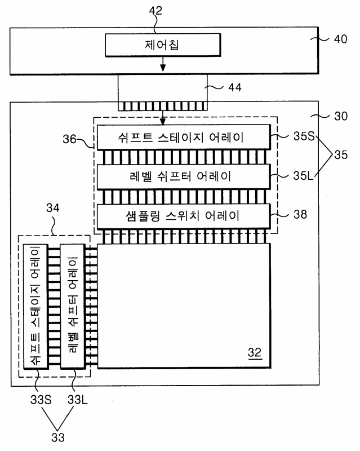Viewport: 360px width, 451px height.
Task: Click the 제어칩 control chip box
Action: click(163, 45)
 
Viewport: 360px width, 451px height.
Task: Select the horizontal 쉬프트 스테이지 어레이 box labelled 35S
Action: click(184, 137)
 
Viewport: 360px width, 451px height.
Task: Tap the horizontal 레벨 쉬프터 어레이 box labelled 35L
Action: click(184, 176)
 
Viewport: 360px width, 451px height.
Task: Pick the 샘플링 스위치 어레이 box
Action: click(184, 216)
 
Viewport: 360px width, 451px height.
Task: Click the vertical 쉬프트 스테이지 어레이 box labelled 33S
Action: click(35, 306)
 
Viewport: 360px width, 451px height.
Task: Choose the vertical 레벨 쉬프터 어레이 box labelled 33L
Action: click(73, 306)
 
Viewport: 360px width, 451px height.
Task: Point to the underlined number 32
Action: click(255, 353)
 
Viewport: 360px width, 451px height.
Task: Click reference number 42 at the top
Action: click(155, 11)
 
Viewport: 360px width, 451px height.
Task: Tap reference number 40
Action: click(340, 39)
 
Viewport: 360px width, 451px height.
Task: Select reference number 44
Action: click(234, 87)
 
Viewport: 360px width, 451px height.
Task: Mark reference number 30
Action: click(341, 116)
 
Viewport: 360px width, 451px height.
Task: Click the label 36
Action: click(69, 139)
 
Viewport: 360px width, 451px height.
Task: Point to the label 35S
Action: click(304, 136)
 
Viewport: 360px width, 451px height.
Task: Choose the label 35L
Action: click(303, 175)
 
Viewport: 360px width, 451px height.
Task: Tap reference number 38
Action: click(300, 214)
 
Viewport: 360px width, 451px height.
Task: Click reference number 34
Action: click(53, 208)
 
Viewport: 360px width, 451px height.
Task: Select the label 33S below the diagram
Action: click(41, 400)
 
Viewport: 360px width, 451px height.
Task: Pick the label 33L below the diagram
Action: click(78, 400)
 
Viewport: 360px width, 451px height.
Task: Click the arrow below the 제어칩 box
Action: click(163, 64)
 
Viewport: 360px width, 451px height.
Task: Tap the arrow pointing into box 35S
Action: click(163, 118)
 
